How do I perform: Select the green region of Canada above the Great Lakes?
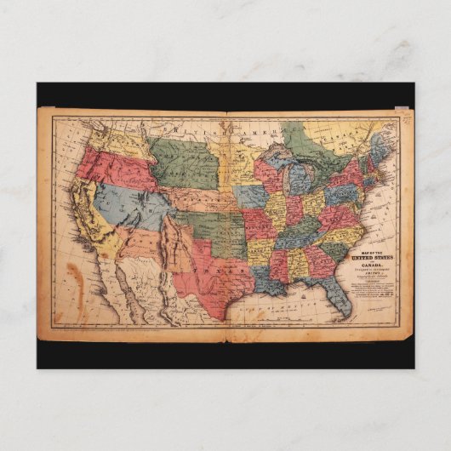click(306, 140)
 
